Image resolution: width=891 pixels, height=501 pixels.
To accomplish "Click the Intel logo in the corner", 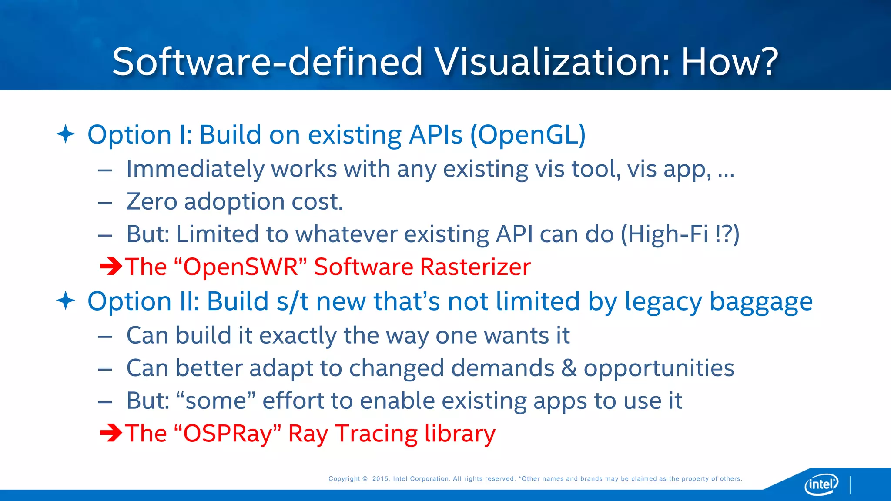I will (x=821, y=484).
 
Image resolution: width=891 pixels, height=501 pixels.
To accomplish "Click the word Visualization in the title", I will (x=553, y=62).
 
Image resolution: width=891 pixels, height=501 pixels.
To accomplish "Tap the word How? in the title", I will (x=729, y=62).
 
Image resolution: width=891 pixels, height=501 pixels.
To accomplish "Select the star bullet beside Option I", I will (x=66, y=134).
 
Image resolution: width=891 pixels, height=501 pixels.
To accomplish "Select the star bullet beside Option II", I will (x=66, y=301).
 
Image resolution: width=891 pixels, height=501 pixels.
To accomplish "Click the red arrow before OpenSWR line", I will (x=111, y=267).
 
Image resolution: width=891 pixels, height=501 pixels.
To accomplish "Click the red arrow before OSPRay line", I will (x=111, y=433).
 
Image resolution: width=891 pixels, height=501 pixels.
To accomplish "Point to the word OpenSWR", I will (x=241, y=267).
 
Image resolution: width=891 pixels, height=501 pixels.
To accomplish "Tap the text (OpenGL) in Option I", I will (x=528, y=135).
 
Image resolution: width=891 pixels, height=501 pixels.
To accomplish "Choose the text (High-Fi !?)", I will (x=680, y=234).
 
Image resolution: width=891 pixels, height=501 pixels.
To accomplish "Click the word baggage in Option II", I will (x=761, y=302).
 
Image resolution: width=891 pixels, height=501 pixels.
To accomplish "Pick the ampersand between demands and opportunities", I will (x=569, y=368).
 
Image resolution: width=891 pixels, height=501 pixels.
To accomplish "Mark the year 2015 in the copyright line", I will (x=380, y=479).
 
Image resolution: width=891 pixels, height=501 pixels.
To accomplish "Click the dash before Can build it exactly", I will (x=105, y=336).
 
